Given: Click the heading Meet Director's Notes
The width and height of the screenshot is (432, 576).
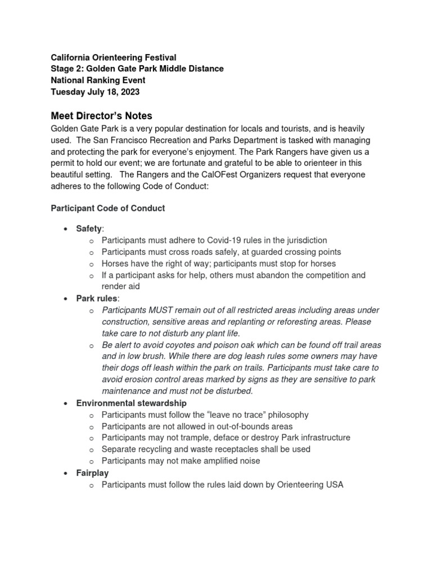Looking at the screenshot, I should click(x=102, y=116).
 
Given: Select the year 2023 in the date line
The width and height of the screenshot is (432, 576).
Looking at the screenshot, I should click(x=128, y=92).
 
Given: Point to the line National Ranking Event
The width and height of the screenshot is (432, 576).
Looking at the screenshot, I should click(x=98, y=80).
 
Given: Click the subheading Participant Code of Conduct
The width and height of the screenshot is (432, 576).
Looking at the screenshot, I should click(x=108, y=208).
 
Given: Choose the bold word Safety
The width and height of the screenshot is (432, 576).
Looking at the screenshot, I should click(x=89, y=229).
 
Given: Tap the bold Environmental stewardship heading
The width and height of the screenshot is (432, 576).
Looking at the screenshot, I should click(x=131, y=403).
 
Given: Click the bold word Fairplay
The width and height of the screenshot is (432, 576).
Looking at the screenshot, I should click(x=93, y=473).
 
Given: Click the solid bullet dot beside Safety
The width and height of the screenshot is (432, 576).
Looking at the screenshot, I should click(x=66, y=229).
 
